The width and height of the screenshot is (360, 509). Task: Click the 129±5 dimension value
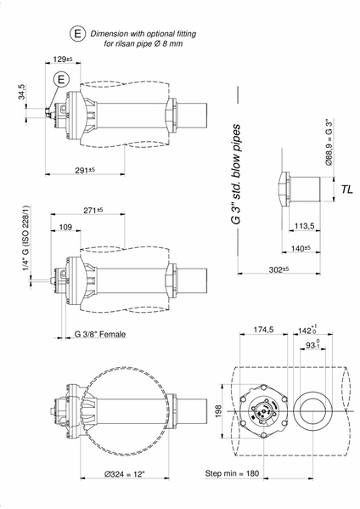tap(63, 59)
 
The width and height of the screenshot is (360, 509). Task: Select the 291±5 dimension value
tap(85, 170)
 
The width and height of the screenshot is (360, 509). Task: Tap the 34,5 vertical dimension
tap(21, 91)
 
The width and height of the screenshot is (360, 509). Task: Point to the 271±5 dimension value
tap(93, 211)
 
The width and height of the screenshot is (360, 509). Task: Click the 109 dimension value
tap(65, 227)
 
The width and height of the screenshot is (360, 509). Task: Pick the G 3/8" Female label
tap(100, 334)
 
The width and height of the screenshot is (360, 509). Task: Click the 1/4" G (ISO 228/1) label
tap(25, 238)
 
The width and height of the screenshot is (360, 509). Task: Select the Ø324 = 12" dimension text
tap(124, 474)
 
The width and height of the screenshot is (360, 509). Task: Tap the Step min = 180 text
tap(232, 473)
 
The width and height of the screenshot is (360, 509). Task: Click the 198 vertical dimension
tap(218, 411)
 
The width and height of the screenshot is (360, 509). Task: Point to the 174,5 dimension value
tap(263, 330)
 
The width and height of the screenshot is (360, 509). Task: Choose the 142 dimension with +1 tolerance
tap(307, 330)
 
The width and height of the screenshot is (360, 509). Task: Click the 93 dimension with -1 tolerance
tap(313, 344)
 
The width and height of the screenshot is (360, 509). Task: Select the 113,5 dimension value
tap(304, 226)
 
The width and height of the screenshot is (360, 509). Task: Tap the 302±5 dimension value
tap(278, 269)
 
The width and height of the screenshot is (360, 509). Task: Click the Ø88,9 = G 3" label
tap(329, 142)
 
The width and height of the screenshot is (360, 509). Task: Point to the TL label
tap(346, 189)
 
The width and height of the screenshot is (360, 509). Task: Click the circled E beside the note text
tap(78, 34)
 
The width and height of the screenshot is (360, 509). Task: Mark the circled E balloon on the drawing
tap(62, 79)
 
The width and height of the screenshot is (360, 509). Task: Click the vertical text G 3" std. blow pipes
tap(236, 174)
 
